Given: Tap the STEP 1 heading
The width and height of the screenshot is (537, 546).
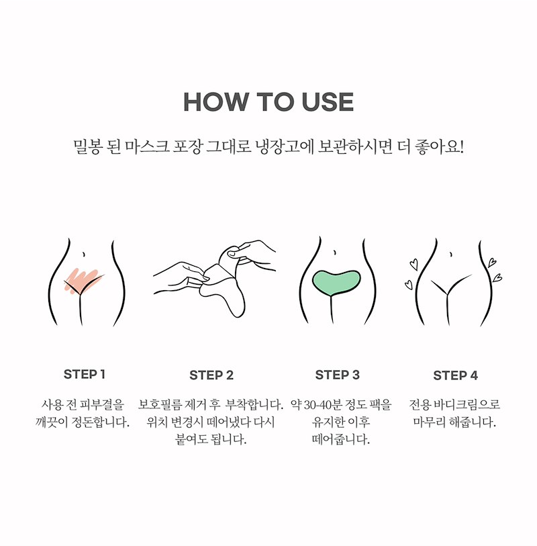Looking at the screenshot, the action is pyautogui.click(x=84, y=374).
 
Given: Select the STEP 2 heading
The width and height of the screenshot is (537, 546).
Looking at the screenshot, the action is pyautogui.click(x=211, y=375).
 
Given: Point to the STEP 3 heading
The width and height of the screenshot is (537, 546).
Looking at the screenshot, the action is pyautogui.click(x=337, y=375).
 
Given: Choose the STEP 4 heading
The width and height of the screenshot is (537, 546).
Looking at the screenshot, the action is pyautogui.click(x=455, y=375).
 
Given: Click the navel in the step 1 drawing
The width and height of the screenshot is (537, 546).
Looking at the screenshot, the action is pyautogui.click(x=83, y=255).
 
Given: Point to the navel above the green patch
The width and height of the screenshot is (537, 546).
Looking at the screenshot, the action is pyautogui.click(x=335, y=253).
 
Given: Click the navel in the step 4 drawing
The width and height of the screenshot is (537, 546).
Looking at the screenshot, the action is pyautogui.click(x=451, y=255).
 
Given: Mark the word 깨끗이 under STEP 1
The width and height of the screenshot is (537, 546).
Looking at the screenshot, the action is pyautogui.click(x=51, y=422).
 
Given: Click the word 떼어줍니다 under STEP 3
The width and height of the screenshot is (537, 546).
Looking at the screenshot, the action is pyautogui.click(x=340, y=439).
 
